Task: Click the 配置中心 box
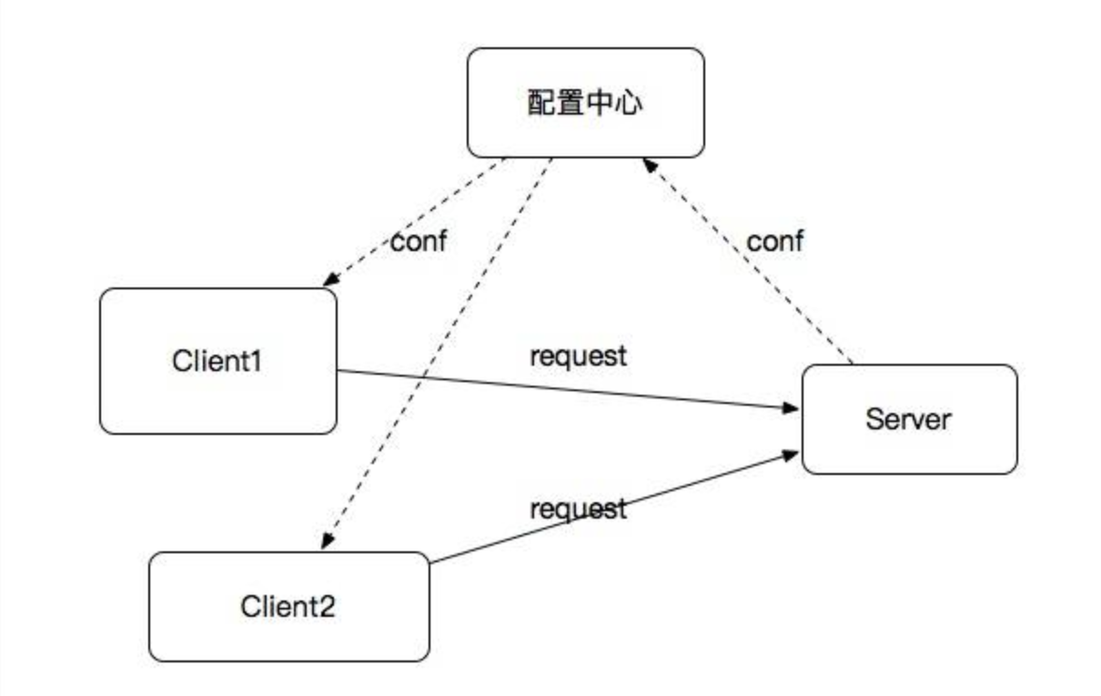[x=585, y=103]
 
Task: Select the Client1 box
[x=217, y=361]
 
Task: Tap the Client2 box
[x=288, y=606]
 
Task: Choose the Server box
[x=908, y=419]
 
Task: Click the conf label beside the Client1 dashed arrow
[x=419, y=243]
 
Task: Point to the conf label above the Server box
[x=775, y=241]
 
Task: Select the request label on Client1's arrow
[x=579, y=357]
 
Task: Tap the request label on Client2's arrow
[x=579, y=509]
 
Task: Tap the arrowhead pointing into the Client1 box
[x=328, y=279]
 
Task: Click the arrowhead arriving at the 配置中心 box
[x=648, y=164]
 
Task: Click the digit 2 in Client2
[x=326, y=606]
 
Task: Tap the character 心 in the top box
[x=628, y=103]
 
